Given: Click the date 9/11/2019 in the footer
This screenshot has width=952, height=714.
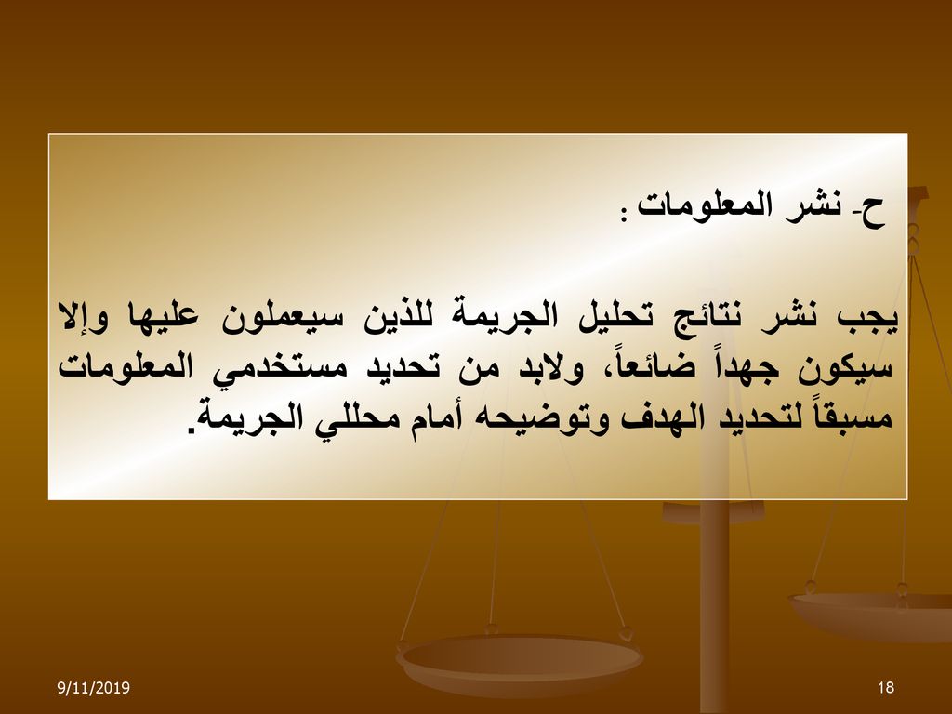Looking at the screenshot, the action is (94, 687).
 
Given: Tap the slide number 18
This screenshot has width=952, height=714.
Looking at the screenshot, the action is (886, 687).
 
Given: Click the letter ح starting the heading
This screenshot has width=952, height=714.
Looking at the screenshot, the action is (873, 212).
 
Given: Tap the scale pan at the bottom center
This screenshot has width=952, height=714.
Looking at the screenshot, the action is (519, 662).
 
